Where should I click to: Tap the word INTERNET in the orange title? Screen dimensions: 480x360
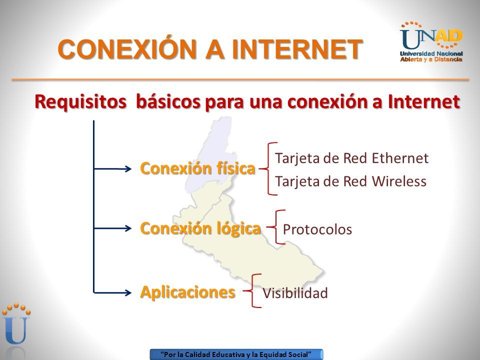(297, 49)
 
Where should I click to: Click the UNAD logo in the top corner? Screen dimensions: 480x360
(431, 41)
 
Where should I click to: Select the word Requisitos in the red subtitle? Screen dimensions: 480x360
(80, 101)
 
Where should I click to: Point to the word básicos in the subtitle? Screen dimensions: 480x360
(168, 101)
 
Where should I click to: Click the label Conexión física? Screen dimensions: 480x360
(197, 168)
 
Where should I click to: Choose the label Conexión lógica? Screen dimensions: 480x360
(200, 228)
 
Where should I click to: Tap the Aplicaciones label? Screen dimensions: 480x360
(187, 292)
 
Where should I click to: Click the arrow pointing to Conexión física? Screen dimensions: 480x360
(112, 168)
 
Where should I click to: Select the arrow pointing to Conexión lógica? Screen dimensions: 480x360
(112, 228)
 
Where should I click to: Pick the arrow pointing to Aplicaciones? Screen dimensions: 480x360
(112, 292)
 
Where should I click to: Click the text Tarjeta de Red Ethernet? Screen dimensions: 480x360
(351, 158)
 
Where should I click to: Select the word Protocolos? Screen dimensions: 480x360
(317, 229)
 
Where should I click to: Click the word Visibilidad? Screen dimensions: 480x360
(295, 293)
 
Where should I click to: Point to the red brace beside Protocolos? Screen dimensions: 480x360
(276, 227)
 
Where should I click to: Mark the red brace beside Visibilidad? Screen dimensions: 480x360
(252, 291)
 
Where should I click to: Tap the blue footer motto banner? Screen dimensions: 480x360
(236, 354)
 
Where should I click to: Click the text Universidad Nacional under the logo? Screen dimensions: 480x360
(431, 54)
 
